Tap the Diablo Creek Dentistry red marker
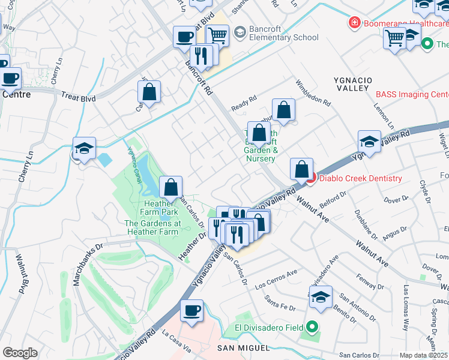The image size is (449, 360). (310, 178)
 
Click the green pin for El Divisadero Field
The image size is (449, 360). (312, 328)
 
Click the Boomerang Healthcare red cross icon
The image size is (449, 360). (355, 23)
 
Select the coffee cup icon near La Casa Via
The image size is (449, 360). (192, 311)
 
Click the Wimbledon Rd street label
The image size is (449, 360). (313, 94)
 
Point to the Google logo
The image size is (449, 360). (20, 353)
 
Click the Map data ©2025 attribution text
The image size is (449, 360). (423, 355)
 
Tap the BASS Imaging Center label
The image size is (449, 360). (412, 94)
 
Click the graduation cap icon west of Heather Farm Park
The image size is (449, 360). (85, 149)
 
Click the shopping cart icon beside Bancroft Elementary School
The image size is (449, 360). (217, 36)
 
